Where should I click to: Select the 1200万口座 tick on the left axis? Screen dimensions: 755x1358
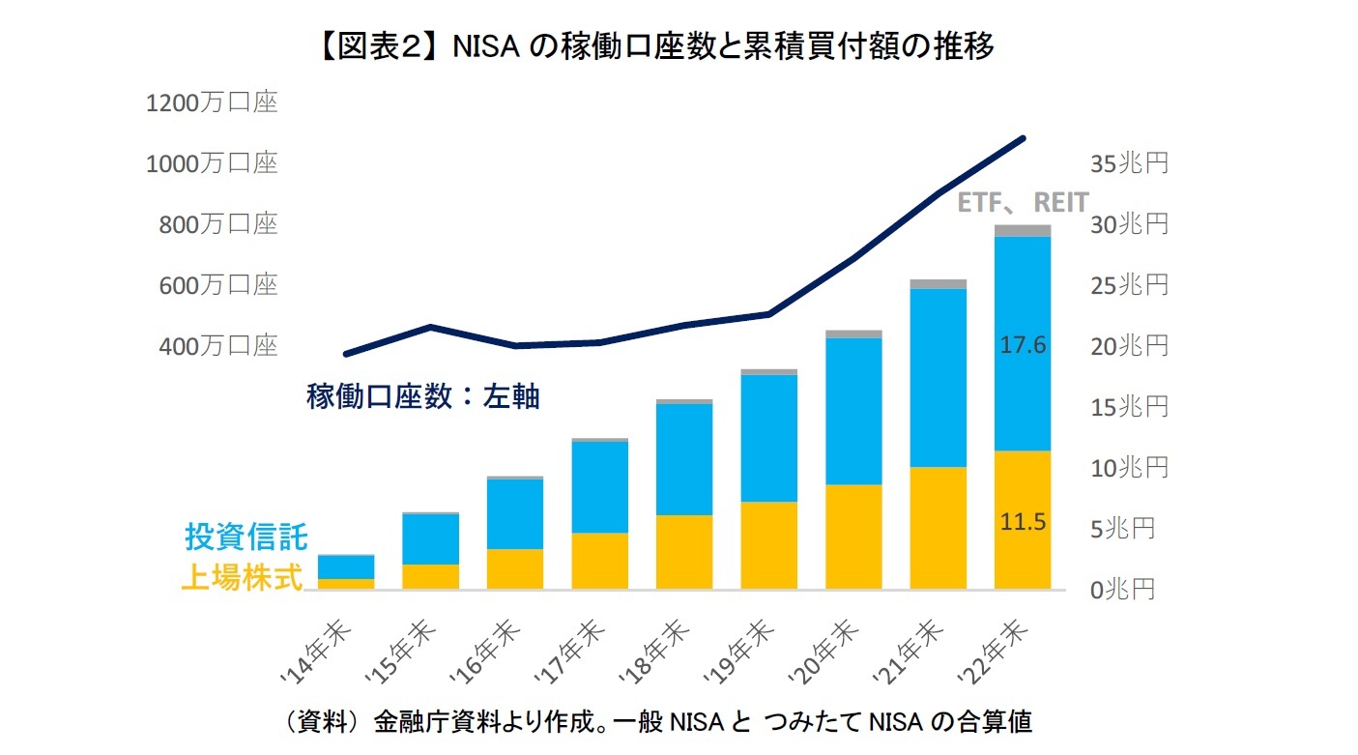211,102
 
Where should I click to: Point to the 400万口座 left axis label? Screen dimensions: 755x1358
211,346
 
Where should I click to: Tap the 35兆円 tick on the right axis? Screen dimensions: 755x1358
1129,163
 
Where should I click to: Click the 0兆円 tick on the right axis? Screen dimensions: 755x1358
1122,590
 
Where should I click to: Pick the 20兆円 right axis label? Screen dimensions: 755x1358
1129,346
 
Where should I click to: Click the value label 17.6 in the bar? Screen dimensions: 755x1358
1023,345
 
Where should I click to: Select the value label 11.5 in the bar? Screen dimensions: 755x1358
1023,522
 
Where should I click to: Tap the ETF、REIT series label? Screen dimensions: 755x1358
1023,203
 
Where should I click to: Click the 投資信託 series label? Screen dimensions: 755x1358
246,537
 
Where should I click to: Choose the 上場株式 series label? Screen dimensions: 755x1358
242,577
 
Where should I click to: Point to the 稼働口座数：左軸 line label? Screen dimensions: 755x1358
422,396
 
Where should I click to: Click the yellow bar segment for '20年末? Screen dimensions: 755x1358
853,537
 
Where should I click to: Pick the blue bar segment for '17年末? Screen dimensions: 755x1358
599,487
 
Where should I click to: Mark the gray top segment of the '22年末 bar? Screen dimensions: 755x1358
1023,230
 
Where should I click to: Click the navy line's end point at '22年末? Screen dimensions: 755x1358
1023,138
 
